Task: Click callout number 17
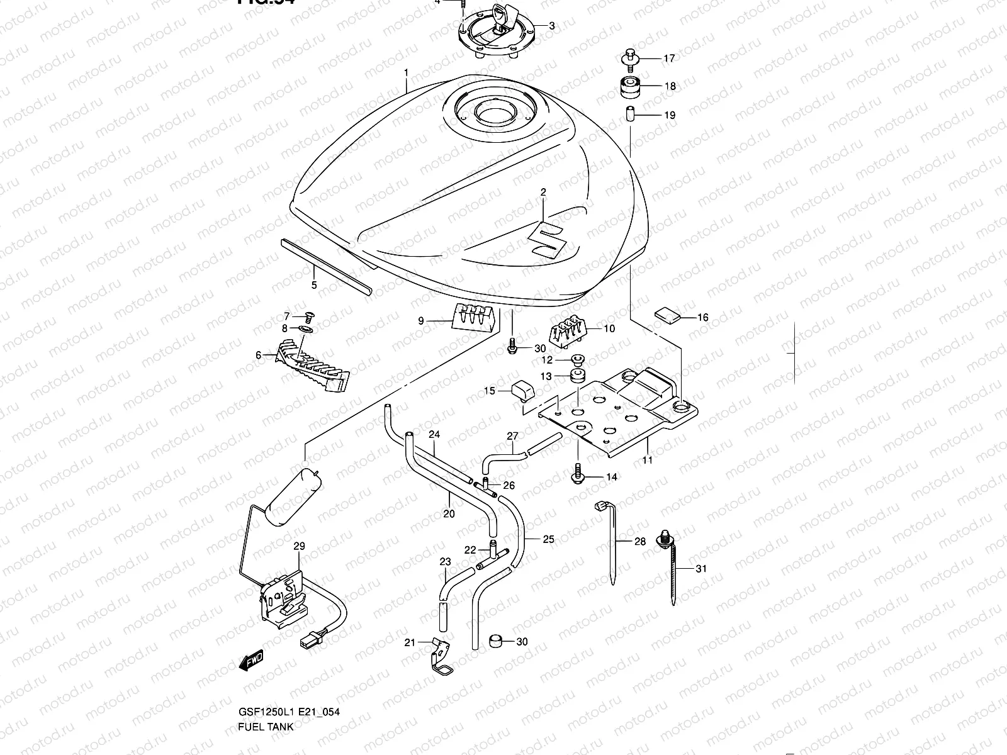[x=668, y=59]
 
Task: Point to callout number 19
[x=669, y=115]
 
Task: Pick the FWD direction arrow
[x=252, y=660]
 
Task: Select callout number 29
[x=298, y=547]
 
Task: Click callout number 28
[x=640, y=541]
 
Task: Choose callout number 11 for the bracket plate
[x=648, y=460]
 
